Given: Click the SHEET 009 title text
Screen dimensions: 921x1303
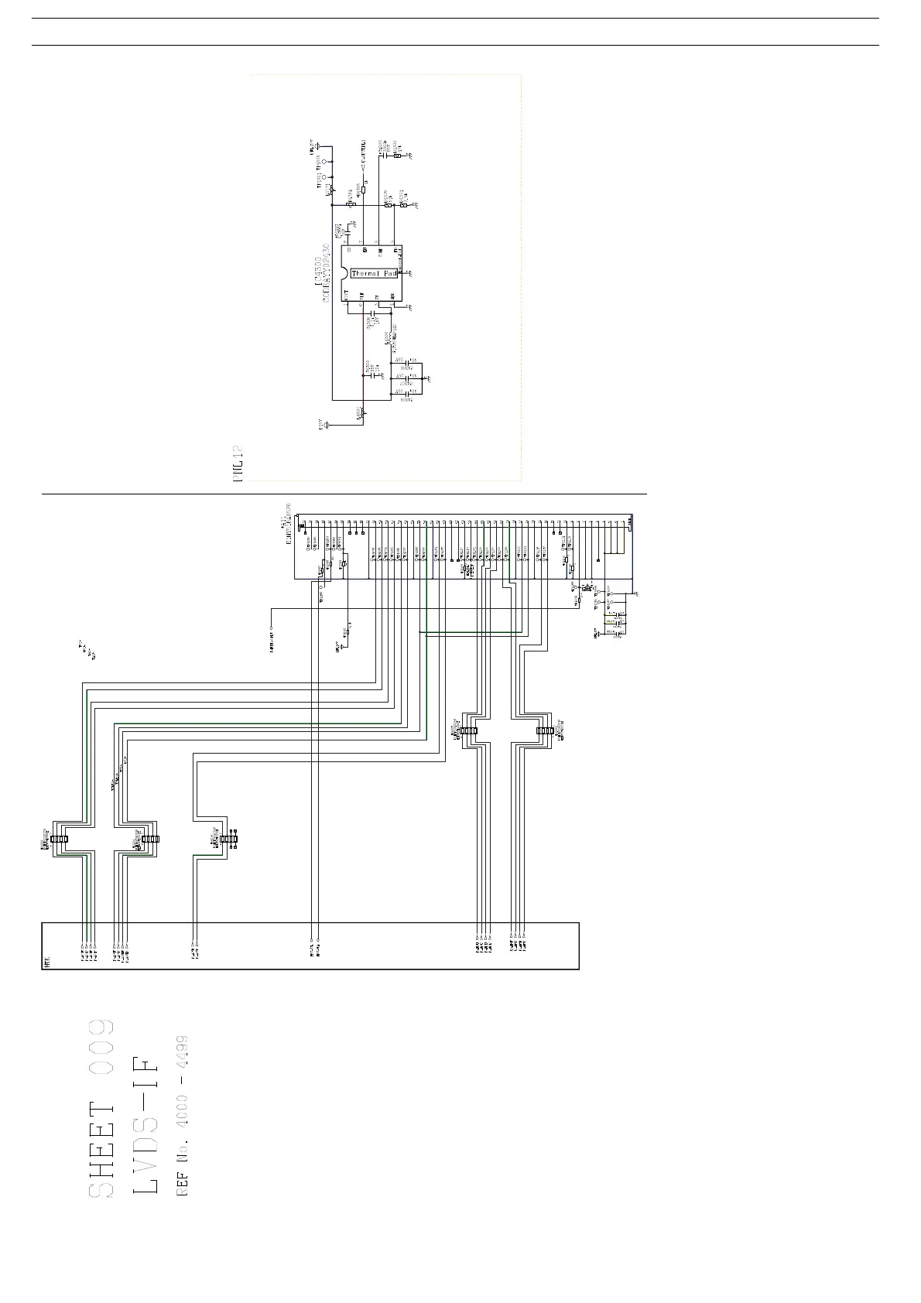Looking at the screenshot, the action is point(101,1108).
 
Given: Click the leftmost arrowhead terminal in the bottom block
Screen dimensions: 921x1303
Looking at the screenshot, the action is point(82,946).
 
